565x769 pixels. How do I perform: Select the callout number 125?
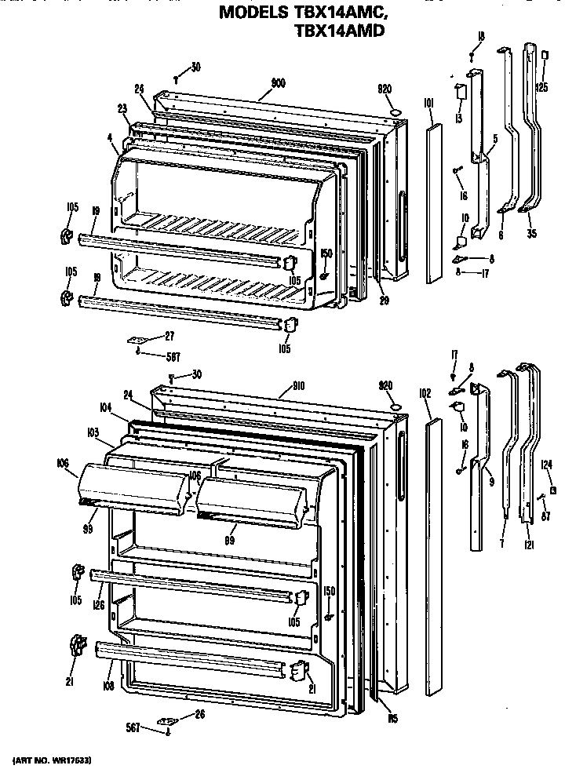(542, 87)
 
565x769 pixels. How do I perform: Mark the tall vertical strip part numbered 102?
(432, 557)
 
